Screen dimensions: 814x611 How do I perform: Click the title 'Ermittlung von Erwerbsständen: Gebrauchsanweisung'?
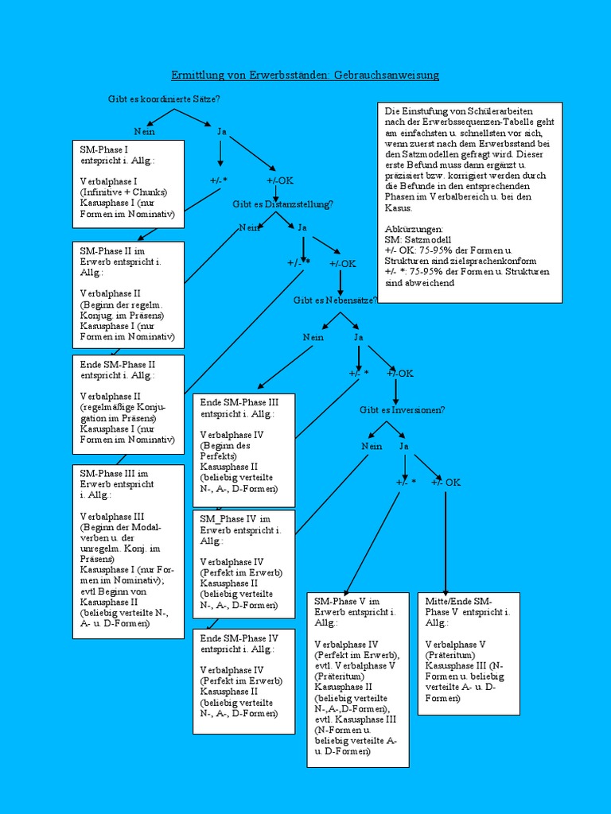[305, 75]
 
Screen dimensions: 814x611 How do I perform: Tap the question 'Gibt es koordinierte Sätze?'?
[164, 99]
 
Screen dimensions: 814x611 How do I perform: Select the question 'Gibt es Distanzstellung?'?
[283, 204]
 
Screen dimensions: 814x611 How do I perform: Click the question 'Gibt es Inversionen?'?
[402, 409]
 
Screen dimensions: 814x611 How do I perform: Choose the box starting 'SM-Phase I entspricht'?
[128, 184]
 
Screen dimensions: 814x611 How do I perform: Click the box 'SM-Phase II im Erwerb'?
[128, 294]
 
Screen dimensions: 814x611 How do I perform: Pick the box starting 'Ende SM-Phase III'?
[243, 450]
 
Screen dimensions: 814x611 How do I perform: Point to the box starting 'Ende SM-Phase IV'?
[243, 680]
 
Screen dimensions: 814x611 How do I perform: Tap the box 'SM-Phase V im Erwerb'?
[358, 679]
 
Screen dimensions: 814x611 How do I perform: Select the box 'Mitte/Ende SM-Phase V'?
[469, 653]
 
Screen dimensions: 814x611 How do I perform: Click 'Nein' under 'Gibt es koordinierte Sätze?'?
[144, 131]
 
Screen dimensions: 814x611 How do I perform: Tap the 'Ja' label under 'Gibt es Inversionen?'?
[404, 446]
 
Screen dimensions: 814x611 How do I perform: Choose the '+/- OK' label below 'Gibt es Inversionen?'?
[446, 483]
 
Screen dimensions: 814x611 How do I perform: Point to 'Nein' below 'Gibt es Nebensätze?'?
[313, 337]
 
